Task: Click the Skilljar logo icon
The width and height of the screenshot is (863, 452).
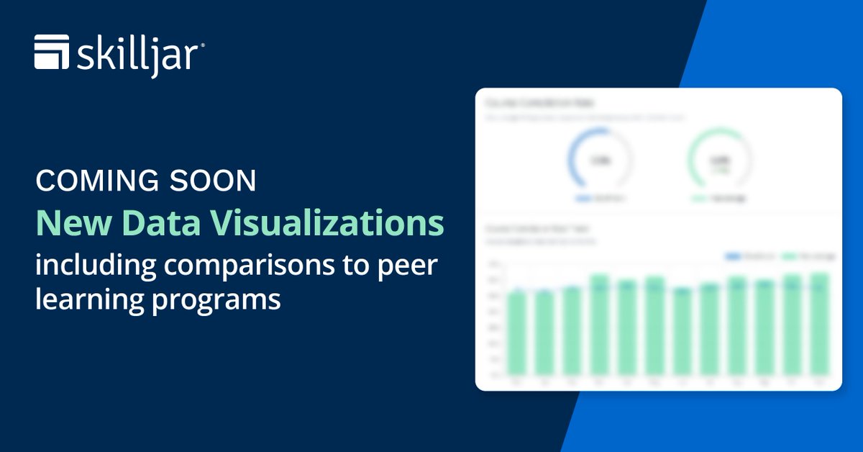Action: (52, 53)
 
